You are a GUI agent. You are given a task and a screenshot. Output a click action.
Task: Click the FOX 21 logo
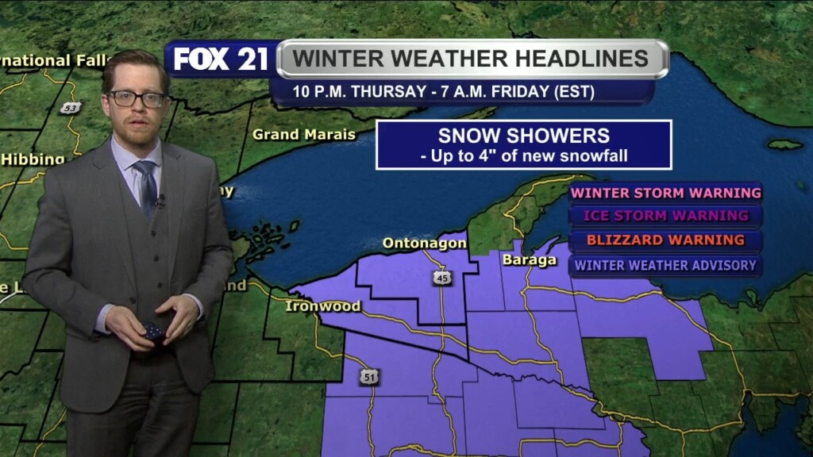(x=221, y=60)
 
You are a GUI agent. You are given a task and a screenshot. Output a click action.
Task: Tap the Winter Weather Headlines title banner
(x=472, y=59)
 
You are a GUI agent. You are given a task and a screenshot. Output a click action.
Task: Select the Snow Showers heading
(x=524, y=135)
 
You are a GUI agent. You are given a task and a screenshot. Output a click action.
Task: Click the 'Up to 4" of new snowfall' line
(x=524, y=156)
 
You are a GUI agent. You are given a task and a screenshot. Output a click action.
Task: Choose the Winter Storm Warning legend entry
(x=665, y=193)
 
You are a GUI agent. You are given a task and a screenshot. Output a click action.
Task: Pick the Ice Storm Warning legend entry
(x=665, y=216)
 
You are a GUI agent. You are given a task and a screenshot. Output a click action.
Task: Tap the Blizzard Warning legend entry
(x=665, y=240)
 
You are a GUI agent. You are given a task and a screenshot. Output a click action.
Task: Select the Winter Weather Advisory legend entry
(x=665, y=266)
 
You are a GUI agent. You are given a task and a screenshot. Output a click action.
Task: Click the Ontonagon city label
(x=424, y=244)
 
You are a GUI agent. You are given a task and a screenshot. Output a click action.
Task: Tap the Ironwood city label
(x=323, y=306)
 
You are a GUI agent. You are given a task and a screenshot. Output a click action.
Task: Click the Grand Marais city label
(x=304, y=135)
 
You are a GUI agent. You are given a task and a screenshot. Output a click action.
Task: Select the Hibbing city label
(x=32, y=159)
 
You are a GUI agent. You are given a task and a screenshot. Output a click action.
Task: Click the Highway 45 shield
(x=442, y=278)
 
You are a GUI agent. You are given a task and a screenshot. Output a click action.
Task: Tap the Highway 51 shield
(x=368, y=378)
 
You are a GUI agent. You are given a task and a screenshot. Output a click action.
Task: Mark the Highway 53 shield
(x=71, y=108)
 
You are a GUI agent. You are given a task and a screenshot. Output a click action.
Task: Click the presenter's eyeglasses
(x=137, y=99)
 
